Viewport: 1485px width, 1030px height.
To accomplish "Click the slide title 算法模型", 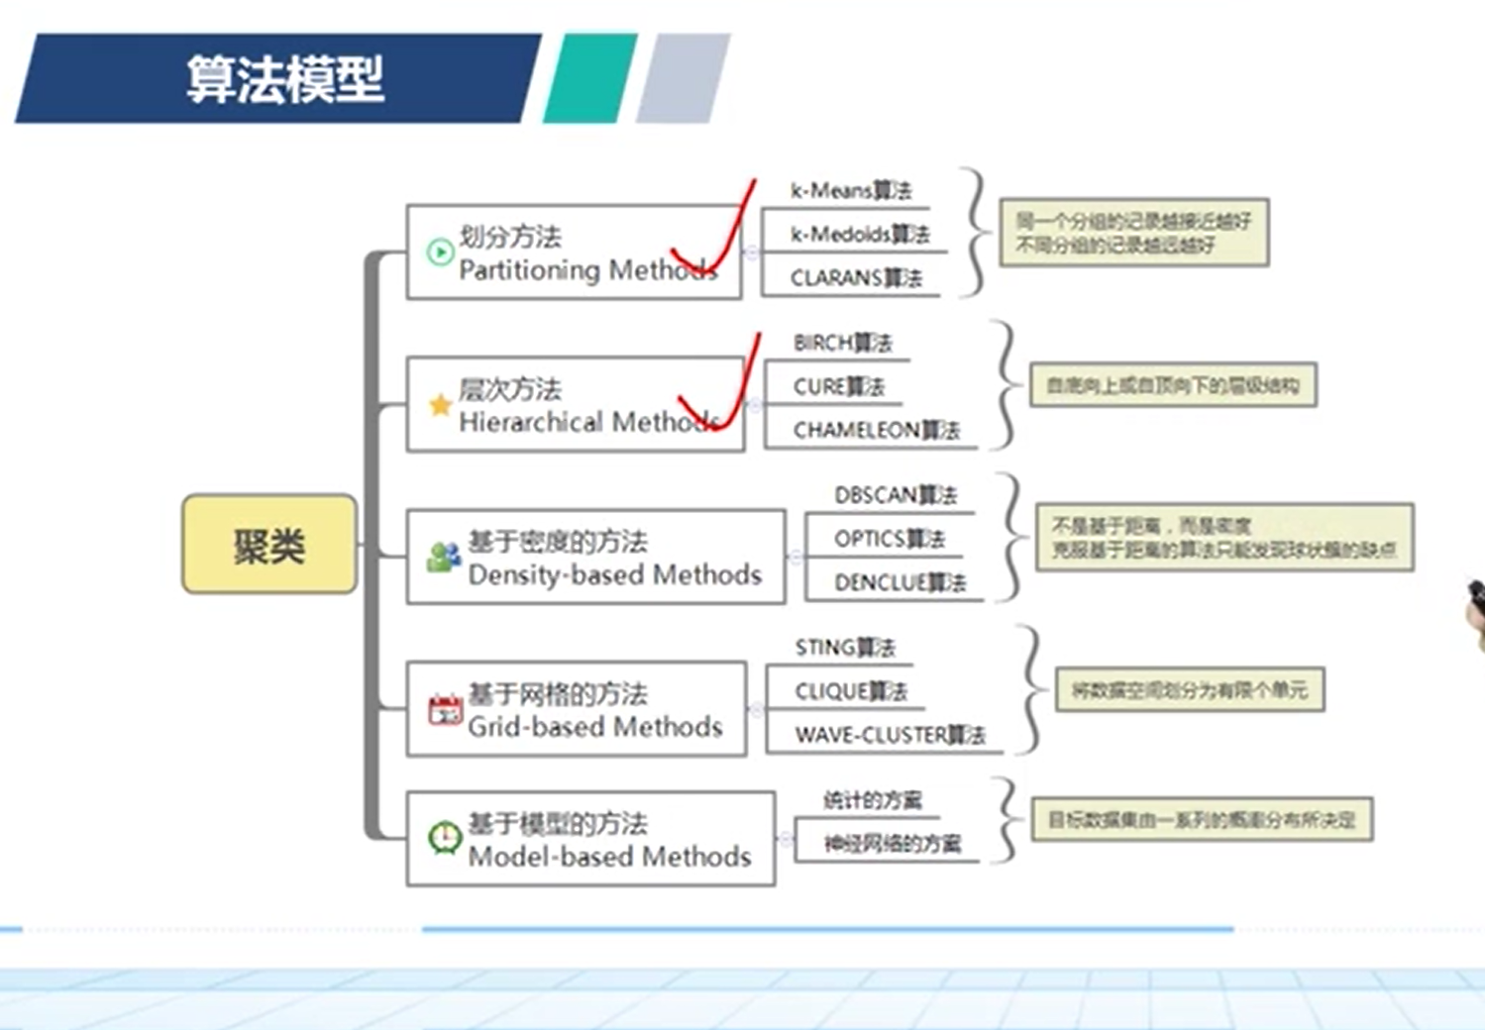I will tap(284, 79).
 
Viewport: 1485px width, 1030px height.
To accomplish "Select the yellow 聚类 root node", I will tap(268, 545).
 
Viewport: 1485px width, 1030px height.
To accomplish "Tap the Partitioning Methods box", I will tap(573, 253).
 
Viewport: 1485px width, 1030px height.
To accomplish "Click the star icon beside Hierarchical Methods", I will tap(440, 405).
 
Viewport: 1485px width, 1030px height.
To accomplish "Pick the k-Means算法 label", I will tap(850, 190).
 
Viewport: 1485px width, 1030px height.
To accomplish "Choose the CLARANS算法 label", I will tap(856, 278).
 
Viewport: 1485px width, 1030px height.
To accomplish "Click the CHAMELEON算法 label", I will tap(876, 430).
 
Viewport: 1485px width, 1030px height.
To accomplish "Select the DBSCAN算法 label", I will tap(895, 494).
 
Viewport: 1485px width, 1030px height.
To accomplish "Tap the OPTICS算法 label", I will tap(889, 539).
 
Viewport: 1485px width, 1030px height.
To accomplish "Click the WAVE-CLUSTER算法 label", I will tap(889, 735).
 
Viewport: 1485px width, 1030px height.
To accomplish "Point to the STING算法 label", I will tap(844, 648).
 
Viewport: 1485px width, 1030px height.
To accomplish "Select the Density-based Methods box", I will tap(595, 558).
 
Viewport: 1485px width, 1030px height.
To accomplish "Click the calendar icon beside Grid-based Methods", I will tap(445, 711).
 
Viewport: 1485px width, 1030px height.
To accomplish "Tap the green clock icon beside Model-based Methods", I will tap(444, 839).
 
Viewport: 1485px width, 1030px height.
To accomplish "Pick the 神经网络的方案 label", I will tap(892, 843).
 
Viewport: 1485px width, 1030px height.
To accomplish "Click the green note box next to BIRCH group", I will tap(1173, 385).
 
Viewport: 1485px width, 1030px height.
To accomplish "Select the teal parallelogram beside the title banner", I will tap(590, 78).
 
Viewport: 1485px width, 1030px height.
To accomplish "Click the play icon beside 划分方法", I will tap(439, 253).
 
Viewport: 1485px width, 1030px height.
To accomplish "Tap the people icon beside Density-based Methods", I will tap(444, 558).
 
